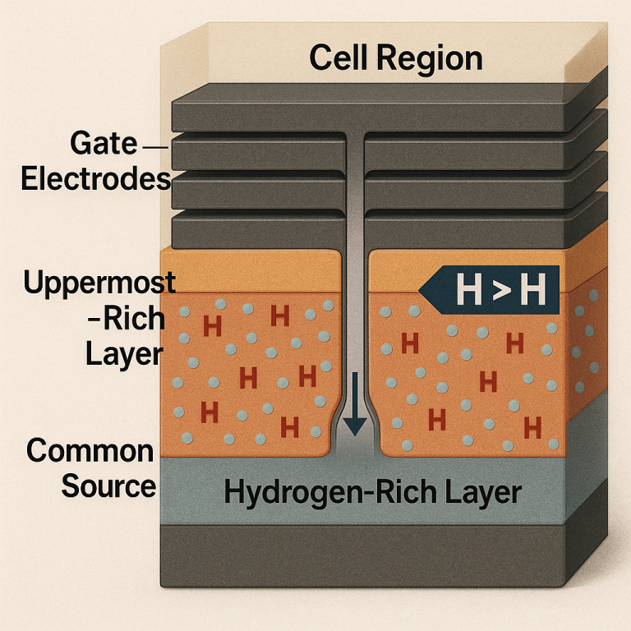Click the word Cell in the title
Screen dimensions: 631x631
coord(339,58)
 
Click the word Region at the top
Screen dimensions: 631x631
coord(430,60)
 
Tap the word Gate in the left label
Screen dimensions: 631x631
coord(104,143)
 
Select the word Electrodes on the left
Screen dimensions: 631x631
coord(96,178)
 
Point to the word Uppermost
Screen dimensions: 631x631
coord(99,283)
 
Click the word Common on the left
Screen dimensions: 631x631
coord(90,451)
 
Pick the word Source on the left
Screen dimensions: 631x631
coord(108,486)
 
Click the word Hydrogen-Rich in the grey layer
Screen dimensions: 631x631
coord(330,493)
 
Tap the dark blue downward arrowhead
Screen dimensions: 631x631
coord(355,426)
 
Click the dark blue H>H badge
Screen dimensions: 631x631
coord(489,290)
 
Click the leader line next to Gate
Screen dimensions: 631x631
coord(155,147)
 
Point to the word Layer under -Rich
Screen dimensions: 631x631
coord(124,355)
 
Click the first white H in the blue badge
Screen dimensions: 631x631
coord(469,290)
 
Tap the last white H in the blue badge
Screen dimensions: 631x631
coord(533,290)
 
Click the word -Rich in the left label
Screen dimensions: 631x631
coord(127,319)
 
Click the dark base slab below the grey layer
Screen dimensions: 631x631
coord(362,555)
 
